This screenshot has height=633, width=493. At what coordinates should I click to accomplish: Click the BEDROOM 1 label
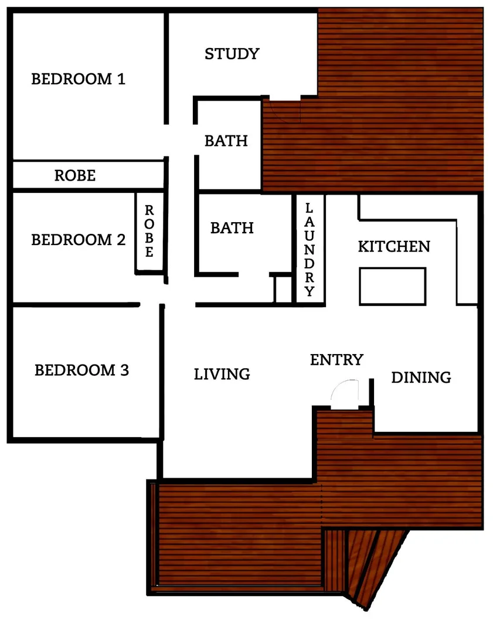(78, 79)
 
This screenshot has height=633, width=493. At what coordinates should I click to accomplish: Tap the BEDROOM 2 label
(78, 240)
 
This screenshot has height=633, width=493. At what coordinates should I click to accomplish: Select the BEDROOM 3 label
(81, 370)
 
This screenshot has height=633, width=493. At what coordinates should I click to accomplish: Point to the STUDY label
(232, 54)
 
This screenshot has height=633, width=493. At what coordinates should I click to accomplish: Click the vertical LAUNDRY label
(310, 250)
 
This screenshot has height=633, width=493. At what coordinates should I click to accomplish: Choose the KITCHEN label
(394, 246)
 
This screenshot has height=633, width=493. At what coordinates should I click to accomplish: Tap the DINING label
(421, 377)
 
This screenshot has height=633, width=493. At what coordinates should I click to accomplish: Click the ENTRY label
(336, 359)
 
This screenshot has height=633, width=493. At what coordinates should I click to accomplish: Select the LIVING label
(222, 373)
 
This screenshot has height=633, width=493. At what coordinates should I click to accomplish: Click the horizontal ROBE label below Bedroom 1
(74, 175)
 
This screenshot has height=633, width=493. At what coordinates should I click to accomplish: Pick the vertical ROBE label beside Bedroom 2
(149, 232)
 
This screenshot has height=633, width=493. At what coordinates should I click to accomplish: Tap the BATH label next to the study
(226, 141)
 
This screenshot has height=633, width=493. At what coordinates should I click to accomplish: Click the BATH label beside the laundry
(232, 227)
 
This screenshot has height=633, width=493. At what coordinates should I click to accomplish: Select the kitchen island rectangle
(392, 285)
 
